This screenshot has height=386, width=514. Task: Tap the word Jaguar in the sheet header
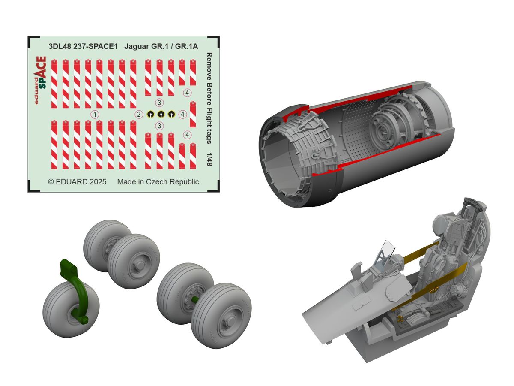136,47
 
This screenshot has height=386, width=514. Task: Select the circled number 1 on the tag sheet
95,115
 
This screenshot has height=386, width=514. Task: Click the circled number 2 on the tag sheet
139,115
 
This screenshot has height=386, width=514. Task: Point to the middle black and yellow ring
161,115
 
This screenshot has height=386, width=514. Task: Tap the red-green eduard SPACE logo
40,80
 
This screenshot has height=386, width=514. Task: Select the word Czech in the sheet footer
156,182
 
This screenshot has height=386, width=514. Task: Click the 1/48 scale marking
209,160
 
